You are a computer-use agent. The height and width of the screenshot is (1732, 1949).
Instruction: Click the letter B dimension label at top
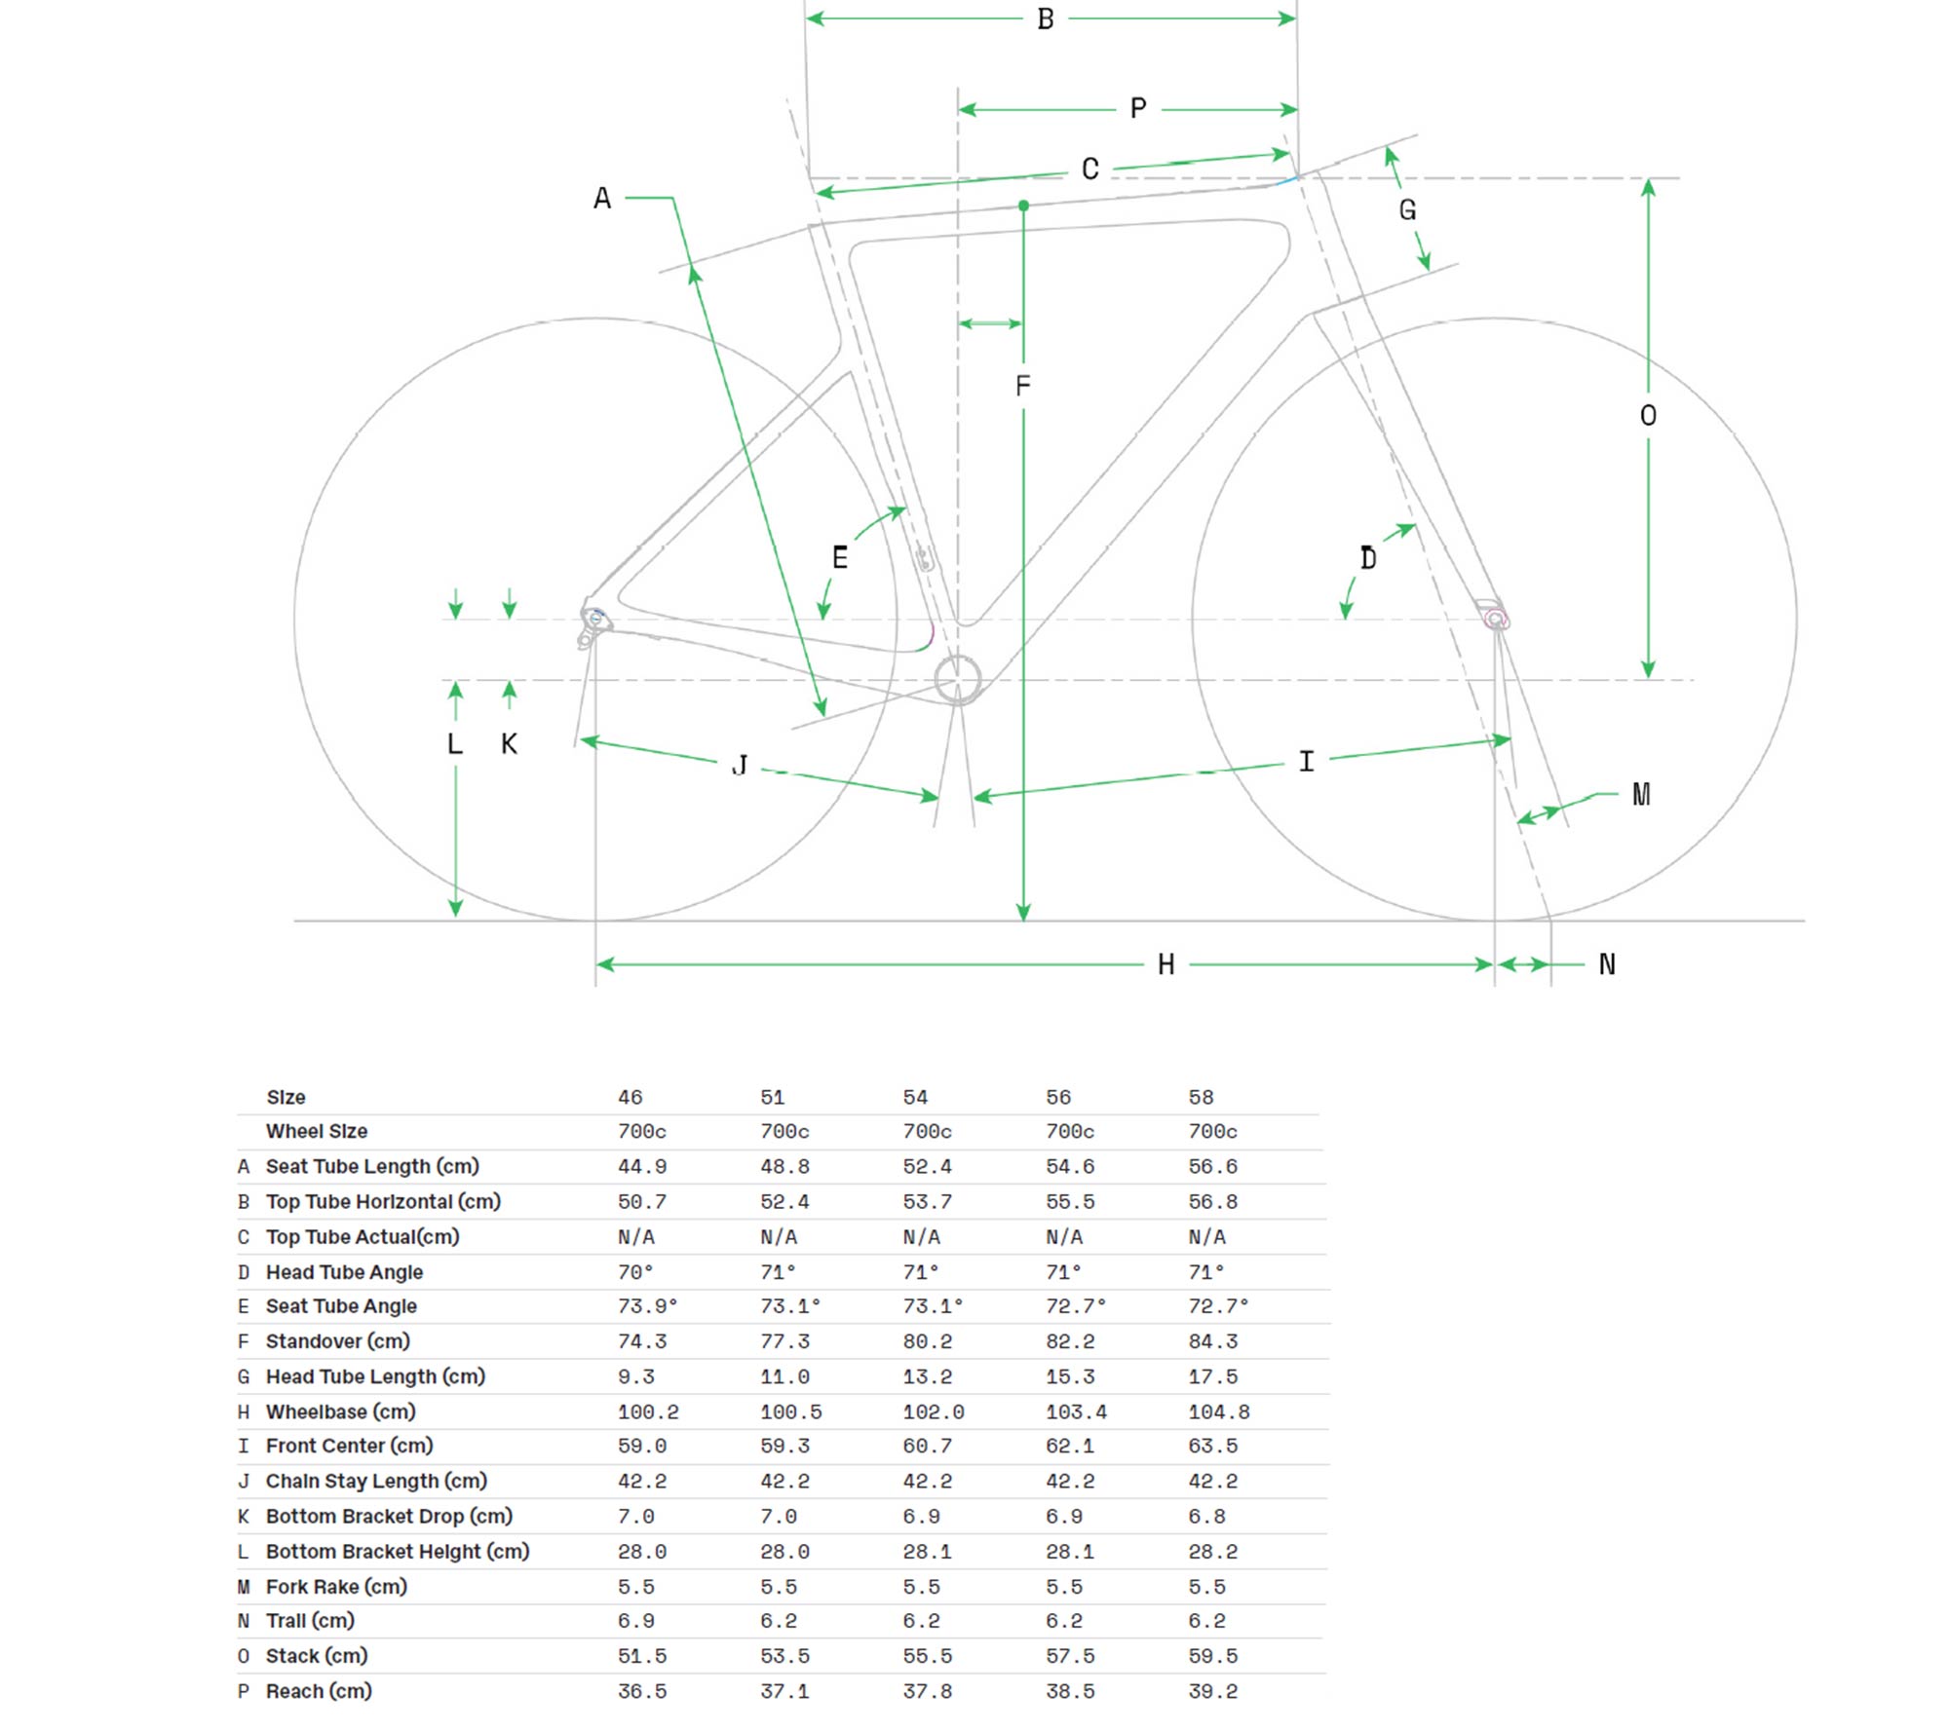[1046, 19]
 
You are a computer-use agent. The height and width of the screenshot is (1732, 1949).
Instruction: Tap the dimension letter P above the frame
[1138, 108]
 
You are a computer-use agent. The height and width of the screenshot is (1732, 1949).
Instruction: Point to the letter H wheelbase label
[1166, 964]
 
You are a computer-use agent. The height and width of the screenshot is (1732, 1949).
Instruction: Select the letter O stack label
[1648, 416]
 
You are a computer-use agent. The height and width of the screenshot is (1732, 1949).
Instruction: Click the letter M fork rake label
[1641, 795]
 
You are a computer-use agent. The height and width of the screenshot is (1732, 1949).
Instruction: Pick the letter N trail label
[1607, 964]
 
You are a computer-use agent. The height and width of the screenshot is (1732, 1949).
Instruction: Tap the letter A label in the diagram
[602, 199]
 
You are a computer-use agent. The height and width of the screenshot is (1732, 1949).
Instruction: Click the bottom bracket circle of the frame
[958, 679]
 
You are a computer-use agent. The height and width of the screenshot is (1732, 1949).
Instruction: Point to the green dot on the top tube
[1023, 206]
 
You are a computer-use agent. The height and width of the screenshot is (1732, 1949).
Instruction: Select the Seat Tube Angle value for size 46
[647, 1306]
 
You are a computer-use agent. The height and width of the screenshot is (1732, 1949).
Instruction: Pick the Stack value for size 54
[927, 1656]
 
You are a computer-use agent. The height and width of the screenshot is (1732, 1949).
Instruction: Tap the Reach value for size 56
[1070, 1691]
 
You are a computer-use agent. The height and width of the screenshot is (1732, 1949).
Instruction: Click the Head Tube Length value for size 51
[784, 1376]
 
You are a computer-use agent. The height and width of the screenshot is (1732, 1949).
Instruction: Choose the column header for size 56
[1058, 1097]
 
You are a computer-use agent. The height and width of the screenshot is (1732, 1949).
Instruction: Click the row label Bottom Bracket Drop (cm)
[389, 1516]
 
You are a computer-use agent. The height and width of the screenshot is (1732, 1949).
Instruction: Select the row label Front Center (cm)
[349, 1446]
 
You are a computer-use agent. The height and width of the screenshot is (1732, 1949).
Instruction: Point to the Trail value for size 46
[635, 1621]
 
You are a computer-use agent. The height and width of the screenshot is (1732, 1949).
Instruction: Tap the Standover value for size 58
[1212, 1341]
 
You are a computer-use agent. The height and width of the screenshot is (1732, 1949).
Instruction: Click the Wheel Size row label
[317, 1131]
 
